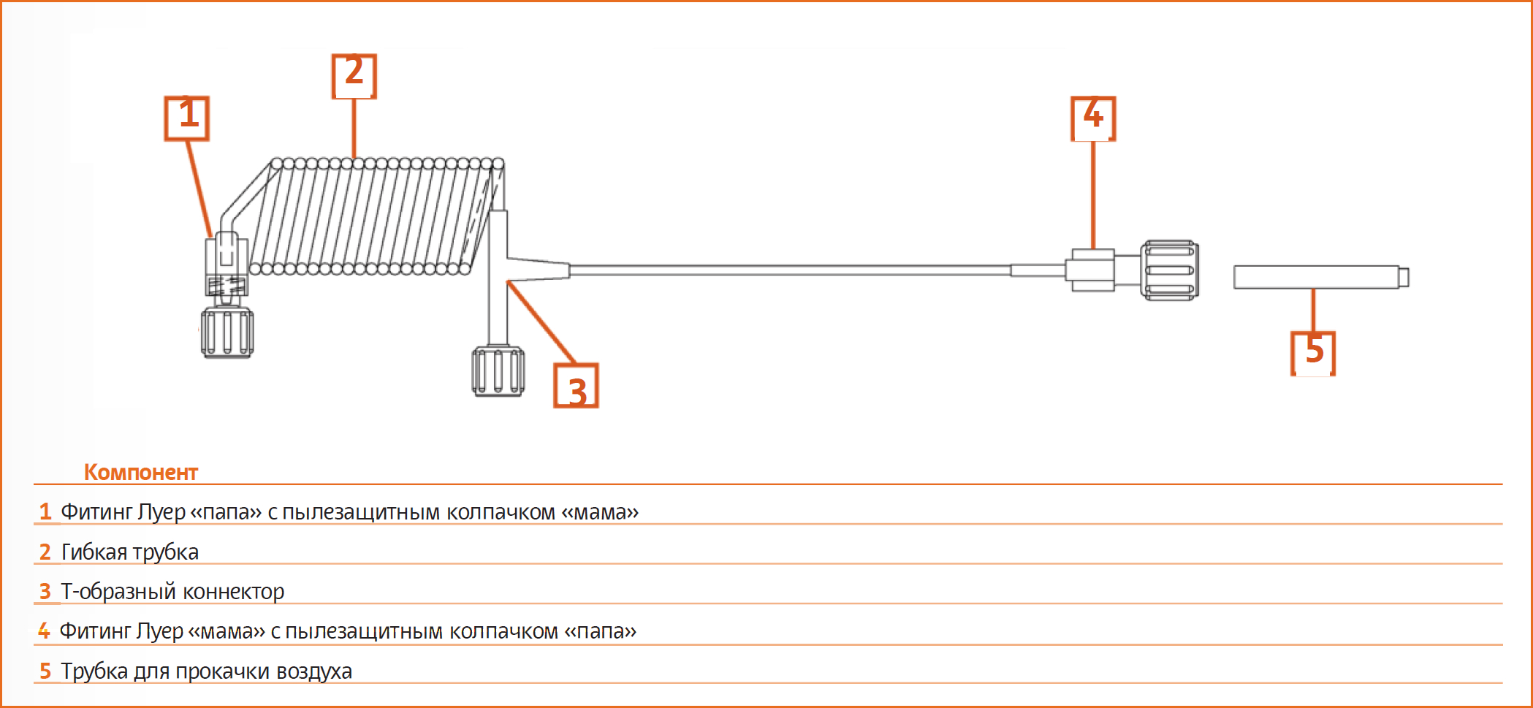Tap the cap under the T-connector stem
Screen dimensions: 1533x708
click(498, 372)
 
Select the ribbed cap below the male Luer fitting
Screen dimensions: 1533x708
click(227, 332)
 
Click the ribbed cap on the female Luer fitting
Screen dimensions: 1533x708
click(1170, 270)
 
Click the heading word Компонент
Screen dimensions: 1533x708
click(141, 472)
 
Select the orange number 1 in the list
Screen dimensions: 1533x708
click(45, 511)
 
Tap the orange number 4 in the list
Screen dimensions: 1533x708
click(44, 631)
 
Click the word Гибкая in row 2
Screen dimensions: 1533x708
click(94, 552)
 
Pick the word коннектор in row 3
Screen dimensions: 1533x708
click(233, 592)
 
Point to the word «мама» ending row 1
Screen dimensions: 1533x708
click(600, 512)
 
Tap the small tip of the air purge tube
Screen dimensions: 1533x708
click(1404, 277)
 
